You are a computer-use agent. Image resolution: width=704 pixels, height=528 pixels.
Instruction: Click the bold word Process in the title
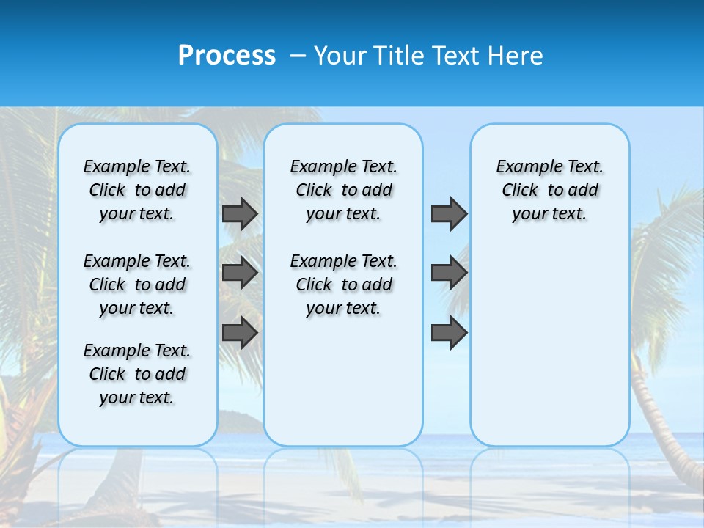coord(227,55)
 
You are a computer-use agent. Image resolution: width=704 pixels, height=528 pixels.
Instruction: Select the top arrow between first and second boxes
coord(240,213)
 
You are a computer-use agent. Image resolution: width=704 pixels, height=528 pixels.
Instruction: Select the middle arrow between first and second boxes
coord(240,273)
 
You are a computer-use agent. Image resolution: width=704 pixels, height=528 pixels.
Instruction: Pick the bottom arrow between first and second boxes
coord(240,332)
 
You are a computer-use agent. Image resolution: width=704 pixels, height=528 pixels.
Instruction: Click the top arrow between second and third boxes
coord(449,213)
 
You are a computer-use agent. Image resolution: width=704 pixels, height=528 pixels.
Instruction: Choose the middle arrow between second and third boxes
coord(449,273)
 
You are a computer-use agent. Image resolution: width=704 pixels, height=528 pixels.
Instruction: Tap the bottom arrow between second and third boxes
coord(449,332)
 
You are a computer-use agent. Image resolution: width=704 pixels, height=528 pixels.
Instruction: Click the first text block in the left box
coord(137,190)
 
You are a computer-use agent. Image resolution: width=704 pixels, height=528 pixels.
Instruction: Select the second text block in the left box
coord(137,285)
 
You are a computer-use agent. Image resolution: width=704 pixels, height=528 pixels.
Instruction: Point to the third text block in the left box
coord(137,374)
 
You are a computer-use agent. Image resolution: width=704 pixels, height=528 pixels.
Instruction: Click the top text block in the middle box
coord(343,190)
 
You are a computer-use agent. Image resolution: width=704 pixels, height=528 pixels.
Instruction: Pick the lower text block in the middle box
coord(343,285)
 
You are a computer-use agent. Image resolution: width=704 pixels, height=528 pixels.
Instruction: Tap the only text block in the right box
coord(549,190)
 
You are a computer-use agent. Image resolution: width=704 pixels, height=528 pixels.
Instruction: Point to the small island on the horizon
coord(240,421)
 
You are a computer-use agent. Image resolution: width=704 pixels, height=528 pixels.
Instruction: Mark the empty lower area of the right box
coord(549,345)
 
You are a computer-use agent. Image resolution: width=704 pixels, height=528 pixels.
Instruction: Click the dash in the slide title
coord(296,56)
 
